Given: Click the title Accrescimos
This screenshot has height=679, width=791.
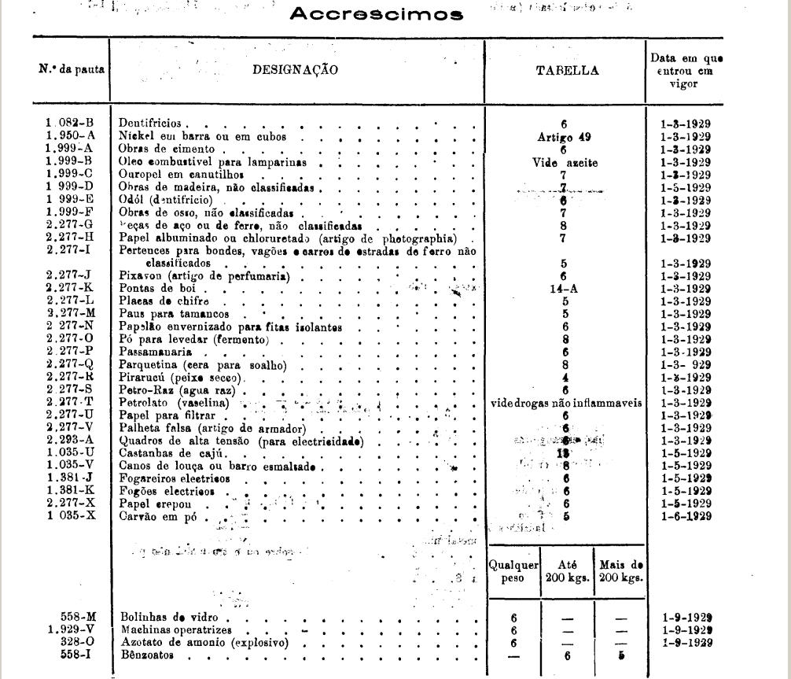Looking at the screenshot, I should pos(377,14).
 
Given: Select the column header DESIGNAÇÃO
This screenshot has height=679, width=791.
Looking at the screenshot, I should pos(295,70).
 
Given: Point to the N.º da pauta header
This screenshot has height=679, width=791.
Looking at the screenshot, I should pos(72,69).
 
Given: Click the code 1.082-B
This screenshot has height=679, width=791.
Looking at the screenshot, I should pos(69,124).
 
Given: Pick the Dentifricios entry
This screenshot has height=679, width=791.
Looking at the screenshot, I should pos(149,124).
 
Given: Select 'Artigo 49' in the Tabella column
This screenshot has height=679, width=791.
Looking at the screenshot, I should pos(564,137).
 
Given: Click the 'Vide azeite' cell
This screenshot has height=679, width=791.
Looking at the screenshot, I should pos(565,162).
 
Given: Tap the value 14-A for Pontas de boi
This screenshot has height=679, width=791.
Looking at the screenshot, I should pos(564,289).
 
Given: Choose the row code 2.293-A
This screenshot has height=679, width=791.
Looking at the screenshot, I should pos(69,441).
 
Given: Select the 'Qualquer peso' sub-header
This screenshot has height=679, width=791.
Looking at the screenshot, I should pos(513,570).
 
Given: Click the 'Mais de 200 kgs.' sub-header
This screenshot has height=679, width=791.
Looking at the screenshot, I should pos(621,570).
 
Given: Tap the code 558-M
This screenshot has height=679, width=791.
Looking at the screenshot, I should pos(77,618).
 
